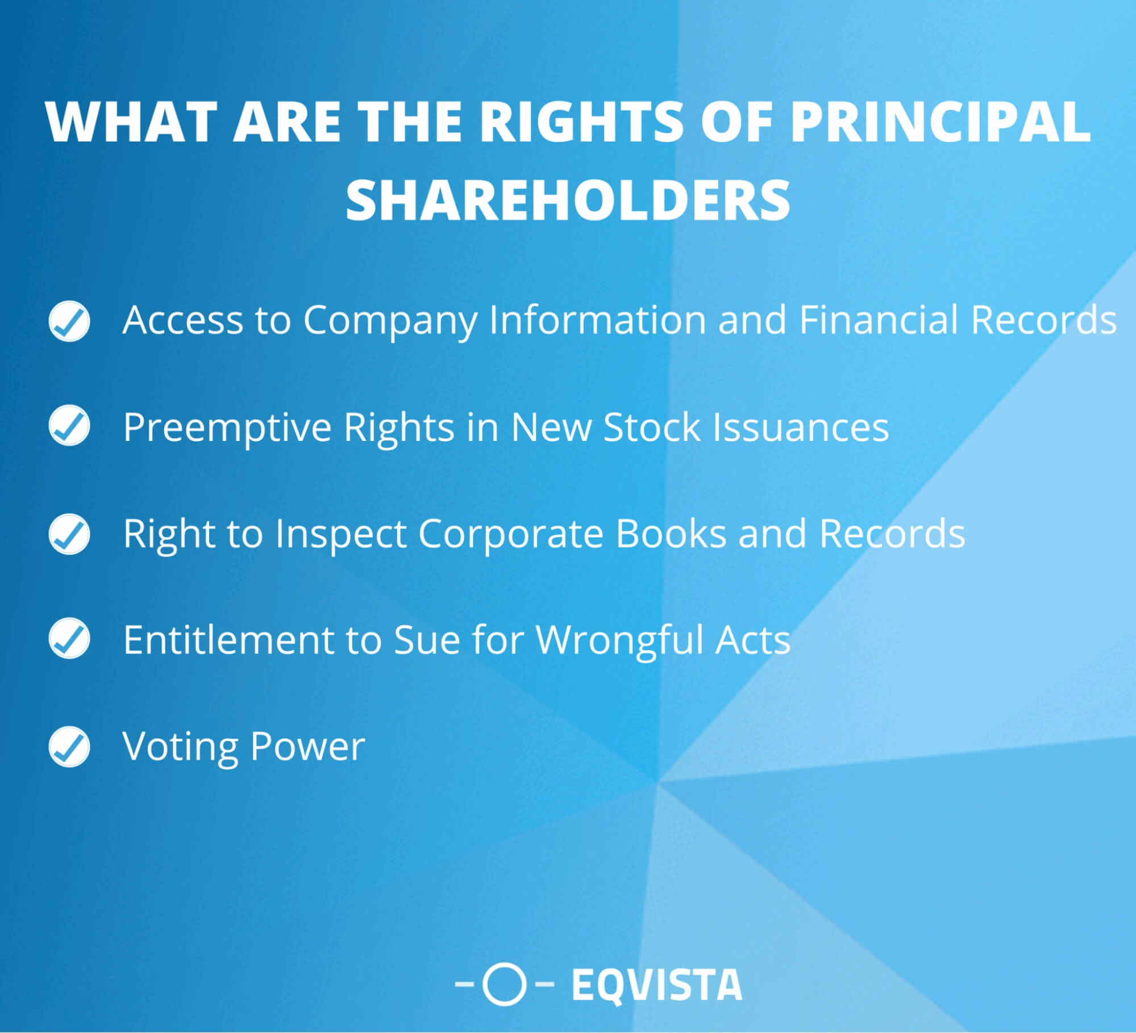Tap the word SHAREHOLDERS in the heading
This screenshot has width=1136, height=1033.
coord(568,200)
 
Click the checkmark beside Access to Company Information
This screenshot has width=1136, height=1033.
coord(69,321)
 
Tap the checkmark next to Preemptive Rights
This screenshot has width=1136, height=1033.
coord(69,425)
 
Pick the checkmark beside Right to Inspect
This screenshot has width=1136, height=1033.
coord(69,534)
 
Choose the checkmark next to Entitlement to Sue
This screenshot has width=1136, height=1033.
coord(69,638)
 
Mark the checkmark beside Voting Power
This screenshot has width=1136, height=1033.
coord(69,747)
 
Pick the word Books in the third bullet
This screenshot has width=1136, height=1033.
coord(671,534)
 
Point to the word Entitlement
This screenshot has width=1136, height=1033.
coord(229,640)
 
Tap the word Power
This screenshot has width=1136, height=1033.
coord(307,747)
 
